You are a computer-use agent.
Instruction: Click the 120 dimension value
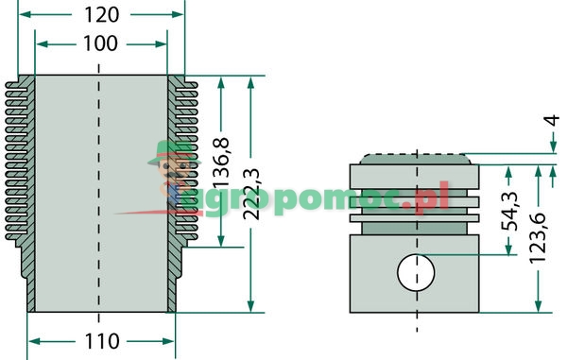pyautogui.click(x=102, y=15)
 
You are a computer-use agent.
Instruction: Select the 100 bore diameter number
pyautogui.click(x=100, y=43)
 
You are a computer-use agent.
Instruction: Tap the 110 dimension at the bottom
pyautogui.click(x=102, y=341)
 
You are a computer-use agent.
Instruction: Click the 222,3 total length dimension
pyautogui.click(x=251, y=195)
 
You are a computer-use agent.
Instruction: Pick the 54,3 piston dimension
pyautogui.click(x=508, y=212)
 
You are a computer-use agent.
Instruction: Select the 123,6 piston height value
pyautogui.click(x=538, y=238)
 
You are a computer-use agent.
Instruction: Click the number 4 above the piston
pyautogui.click(x=552, y=120)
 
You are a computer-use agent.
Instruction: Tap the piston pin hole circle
pyautogui.click(x=416, y=272)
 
